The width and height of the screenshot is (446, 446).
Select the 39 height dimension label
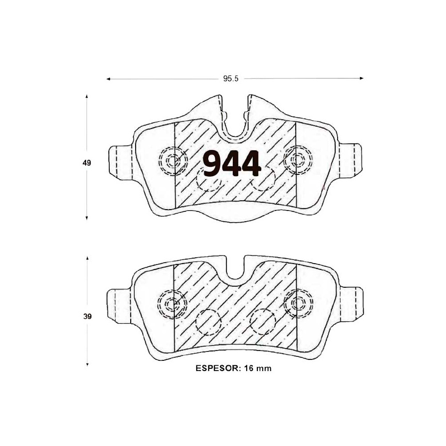pos(87,317)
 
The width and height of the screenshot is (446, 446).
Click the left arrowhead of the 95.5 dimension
pos(108,79)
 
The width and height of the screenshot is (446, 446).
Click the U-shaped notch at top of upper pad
pos(235,125)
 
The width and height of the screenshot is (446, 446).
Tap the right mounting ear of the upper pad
pos(351,159)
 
